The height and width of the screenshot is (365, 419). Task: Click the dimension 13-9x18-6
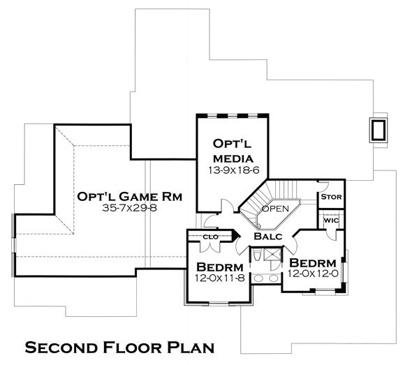pos(229,169)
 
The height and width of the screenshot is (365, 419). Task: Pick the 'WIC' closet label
pos(331,221)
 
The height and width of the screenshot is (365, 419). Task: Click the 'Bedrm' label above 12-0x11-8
pos(219,267)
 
